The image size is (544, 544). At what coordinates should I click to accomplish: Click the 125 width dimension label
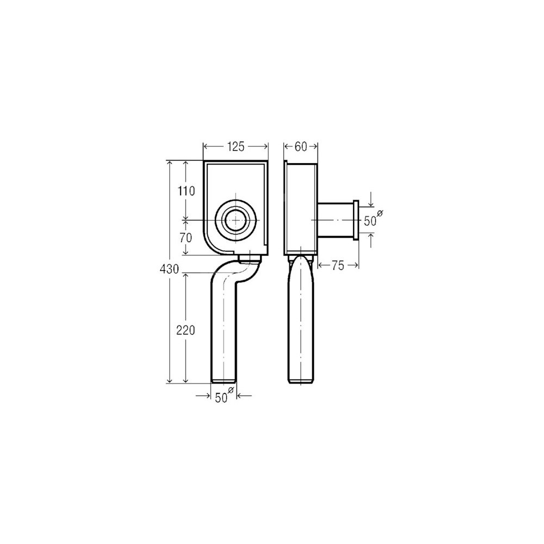pos(236,147)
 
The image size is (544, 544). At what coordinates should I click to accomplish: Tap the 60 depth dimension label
pos(301,147)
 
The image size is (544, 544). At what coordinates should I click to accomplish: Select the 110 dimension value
pos(186,191)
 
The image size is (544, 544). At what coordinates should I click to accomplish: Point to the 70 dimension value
pos(186,238)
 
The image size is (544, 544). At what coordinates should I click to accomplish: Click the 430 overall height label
pos(169,269)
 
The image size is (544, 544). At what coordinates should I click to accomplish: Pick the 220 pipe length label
pos(186,330)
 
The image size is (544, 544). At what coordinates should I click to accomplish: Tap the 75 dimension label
pos(338,265)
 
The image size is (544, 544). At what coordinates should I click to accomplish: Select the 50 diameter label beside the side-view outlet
pos(370,221)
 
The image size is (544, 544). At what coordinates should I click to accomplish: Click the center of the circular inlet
pos(236,220)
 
